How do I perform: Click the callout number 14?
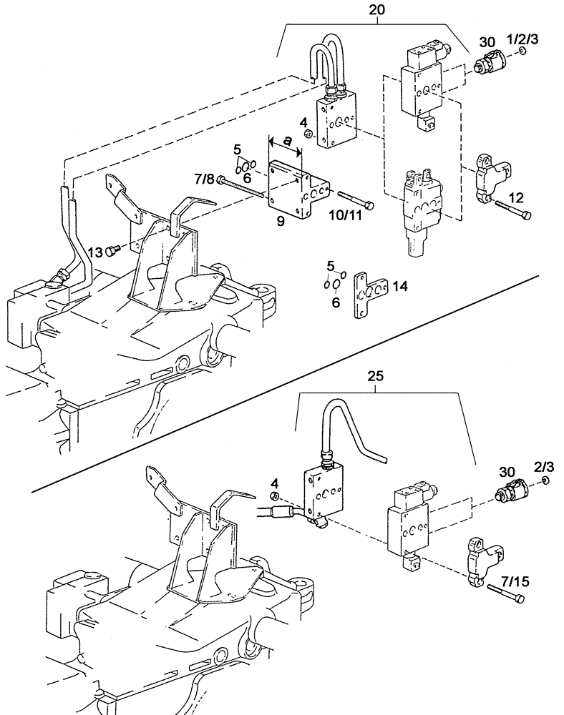(400, 286)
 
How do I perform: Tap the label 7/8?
(204, 179)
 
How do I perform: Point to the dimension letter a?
(286, 142)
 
